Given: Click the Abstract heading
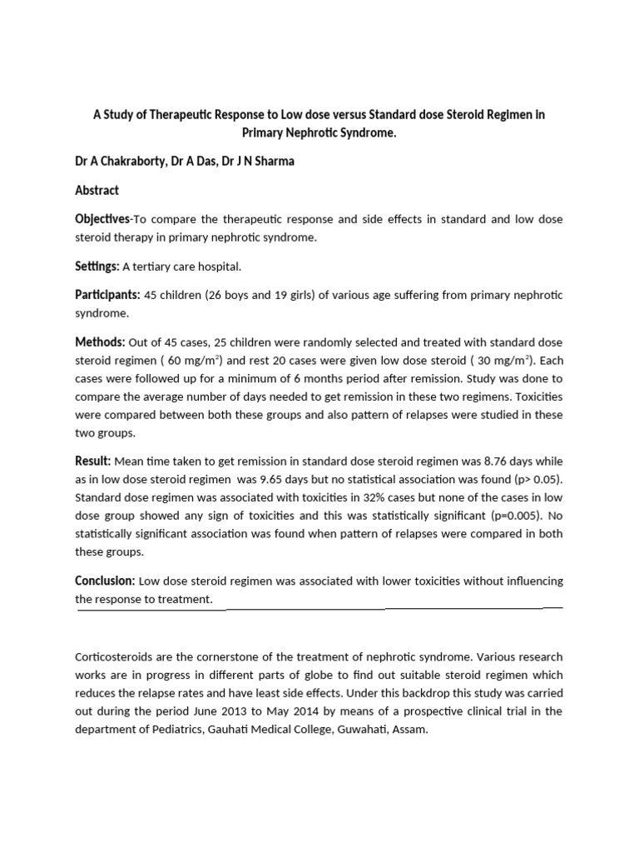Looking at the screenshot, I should tap(97, 190).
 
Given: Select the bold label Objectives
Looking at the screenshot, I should tap(102, 219).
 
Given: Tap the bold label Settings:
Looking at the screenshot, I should tap(97, 266).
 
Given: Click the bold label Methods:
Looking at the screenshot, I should tap(100, 342).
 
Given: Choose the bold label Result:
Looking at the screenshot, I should tap(92, 461).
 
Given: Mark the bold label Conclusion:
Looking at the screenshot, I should tap(106, 581).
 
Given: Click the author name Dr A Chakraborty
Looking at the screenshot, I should tap(120, 162).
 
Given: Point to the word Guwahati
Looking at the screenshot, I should tap(372, 729).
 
